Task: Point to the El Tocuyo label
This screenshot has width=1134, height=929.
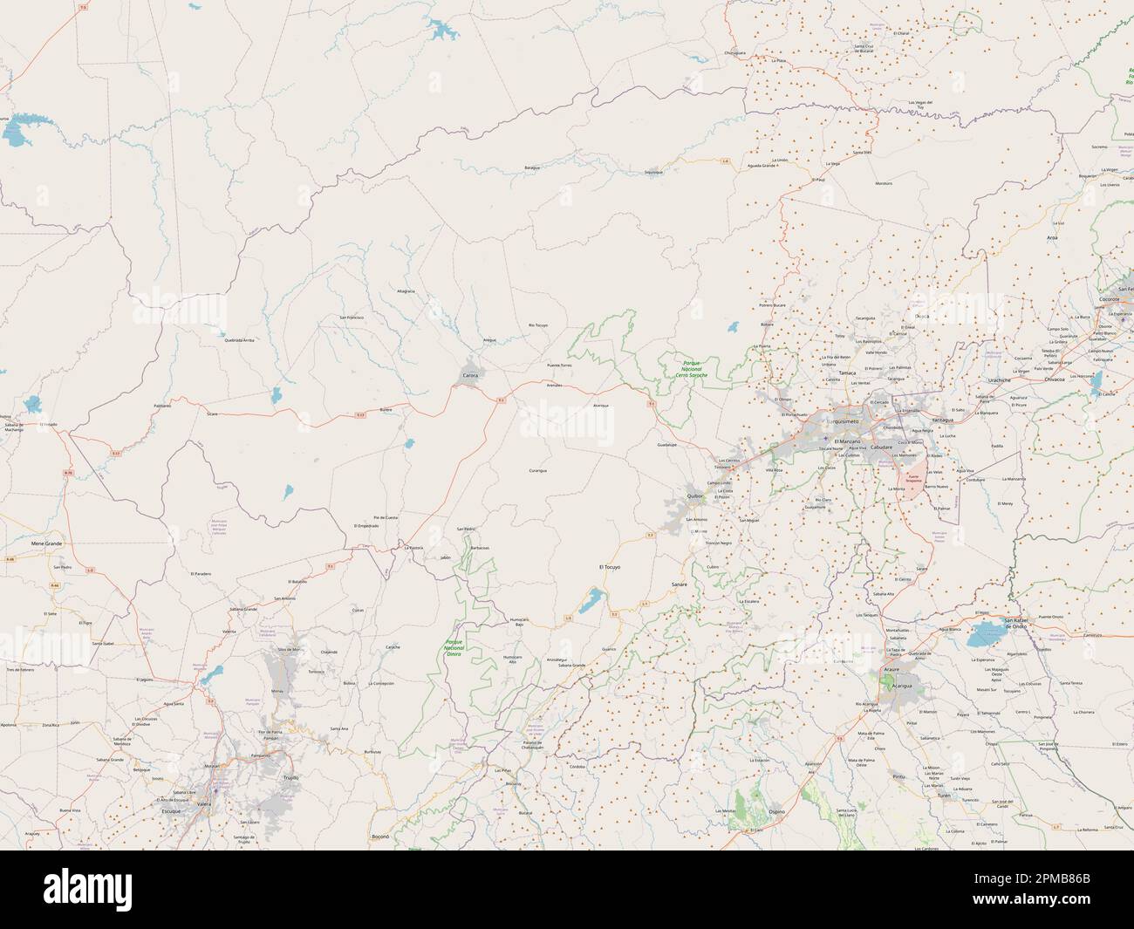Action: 610,567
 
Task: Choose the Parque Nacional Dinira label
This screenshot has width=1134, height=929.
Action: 454,647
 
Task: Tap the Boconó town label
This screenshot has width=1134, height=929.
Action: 379,836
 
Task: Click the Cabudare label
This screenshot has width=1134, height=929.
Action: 882,447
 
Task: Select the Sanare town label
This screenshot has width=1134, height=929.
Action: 680,583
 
